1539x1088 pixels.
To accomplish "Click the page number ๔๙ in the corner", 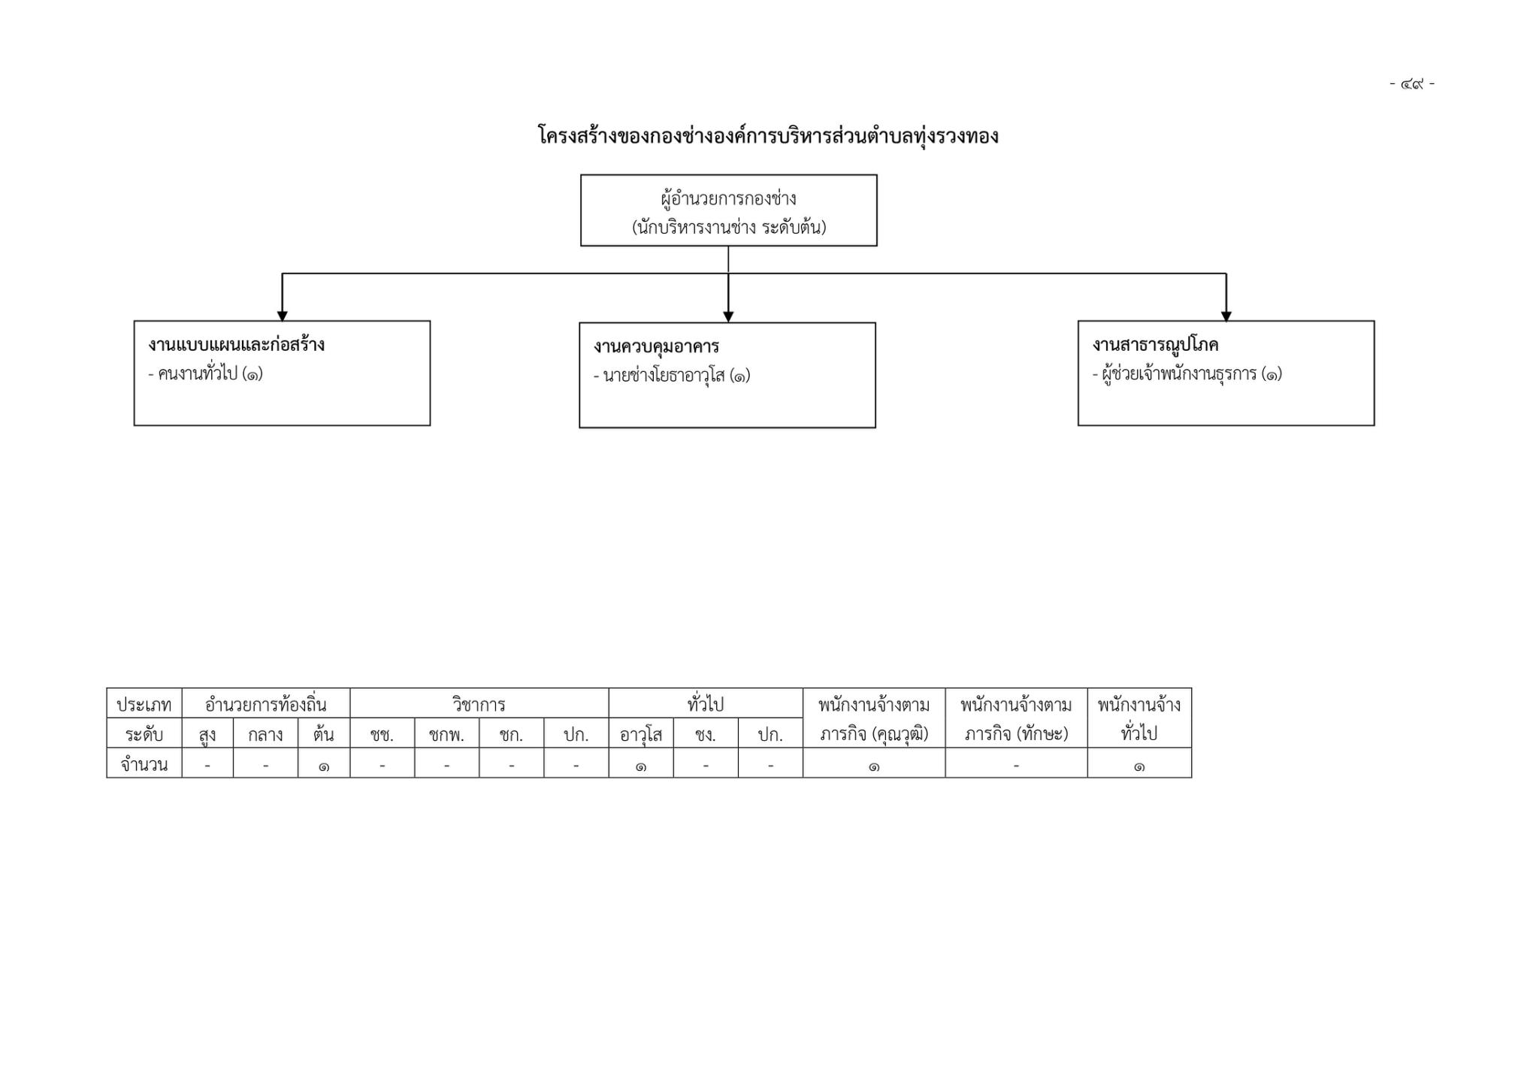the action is [1412, 83].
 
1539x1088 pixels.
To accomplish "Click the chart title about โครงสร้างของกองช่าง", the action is [768, 136].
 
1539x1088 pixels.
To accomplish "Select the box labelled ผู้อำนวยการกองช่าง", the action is [728, 210].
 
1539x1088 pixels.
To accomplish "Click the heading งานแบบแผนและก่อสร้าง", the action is [236, 345].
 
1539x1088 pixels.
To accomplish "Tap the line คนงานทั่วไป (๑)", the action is [205, 373].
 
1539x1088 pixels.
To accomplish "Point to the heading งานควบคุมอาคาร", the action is [656, 346].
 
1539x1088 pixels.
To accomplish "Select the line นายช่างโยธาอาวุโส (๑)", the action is [672, 375].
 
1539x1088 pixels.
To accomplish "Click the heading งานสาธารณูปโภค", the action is [1155, 345].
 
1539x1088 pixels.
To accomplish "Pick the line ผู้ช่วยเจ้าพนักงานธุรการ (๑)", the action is [1187, 373].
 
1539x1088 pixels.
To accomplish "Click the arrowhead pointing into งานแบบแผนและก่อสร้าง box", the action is [282, 316].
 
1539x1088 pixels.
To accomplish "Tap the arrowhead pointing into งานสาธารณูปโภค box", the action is [1226, 316].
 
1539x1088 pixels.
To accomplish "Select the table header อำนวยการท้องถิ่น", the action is [265, 705].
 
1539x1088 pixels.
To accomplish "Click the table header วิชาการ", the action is [479, 705].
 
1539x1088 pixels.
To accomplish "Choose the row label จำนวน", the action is [144, 764].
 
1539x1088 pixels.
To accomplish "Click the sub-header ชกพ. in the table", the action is [446, 735].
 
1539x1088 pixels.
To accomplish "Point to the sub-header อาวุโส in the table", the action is [640, 735].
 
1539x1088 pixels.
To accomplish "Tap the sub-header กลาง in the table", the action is [265, 734].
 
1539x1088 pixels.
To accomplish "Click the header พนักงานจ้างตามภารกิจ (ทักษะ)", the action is [1016, 719].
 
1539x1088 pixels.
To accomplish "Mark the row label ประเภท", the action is [144, 705].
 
